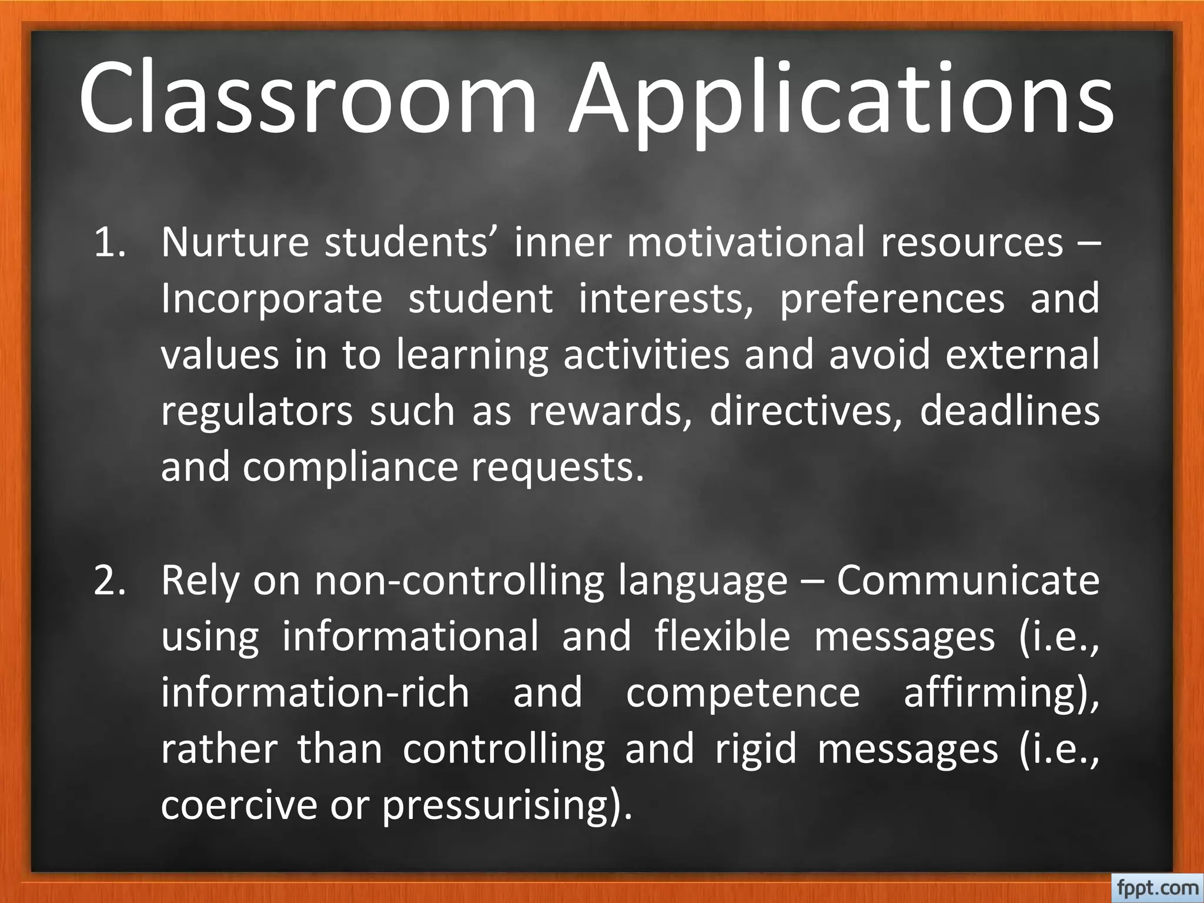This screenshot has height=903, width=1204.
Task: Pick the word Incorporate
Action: coord(272,299)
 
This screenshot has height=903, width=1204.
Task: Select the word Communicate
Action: coord(968,580)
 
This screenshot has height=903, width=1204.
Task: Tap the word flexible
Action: coord(723,637)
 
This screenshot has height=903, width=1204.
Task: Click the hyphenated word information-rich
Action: coord(315,693)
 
